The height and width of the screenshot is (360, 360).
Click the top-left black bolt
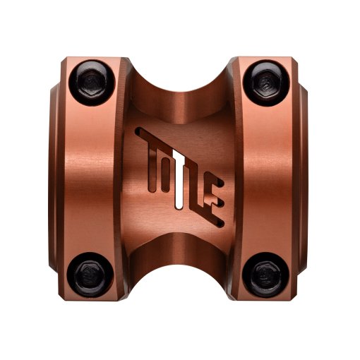(92, 83)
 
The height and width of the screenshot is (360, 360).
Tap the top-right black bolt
(266, 83)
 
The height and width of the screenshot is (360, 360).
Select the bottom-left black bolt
(91, 275)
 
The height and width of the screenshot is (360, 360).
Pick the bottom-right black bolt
(266, 275)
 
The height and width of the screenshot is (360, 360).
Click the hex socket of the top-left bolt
(92, 83)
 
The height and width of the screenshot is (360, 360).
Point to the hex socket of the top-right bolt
(267, 83)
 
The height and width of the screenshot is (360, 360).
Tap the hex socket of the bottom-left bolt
(91, 275)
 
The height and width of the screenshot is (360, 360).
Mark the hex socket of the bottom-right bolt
(266, 275)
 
